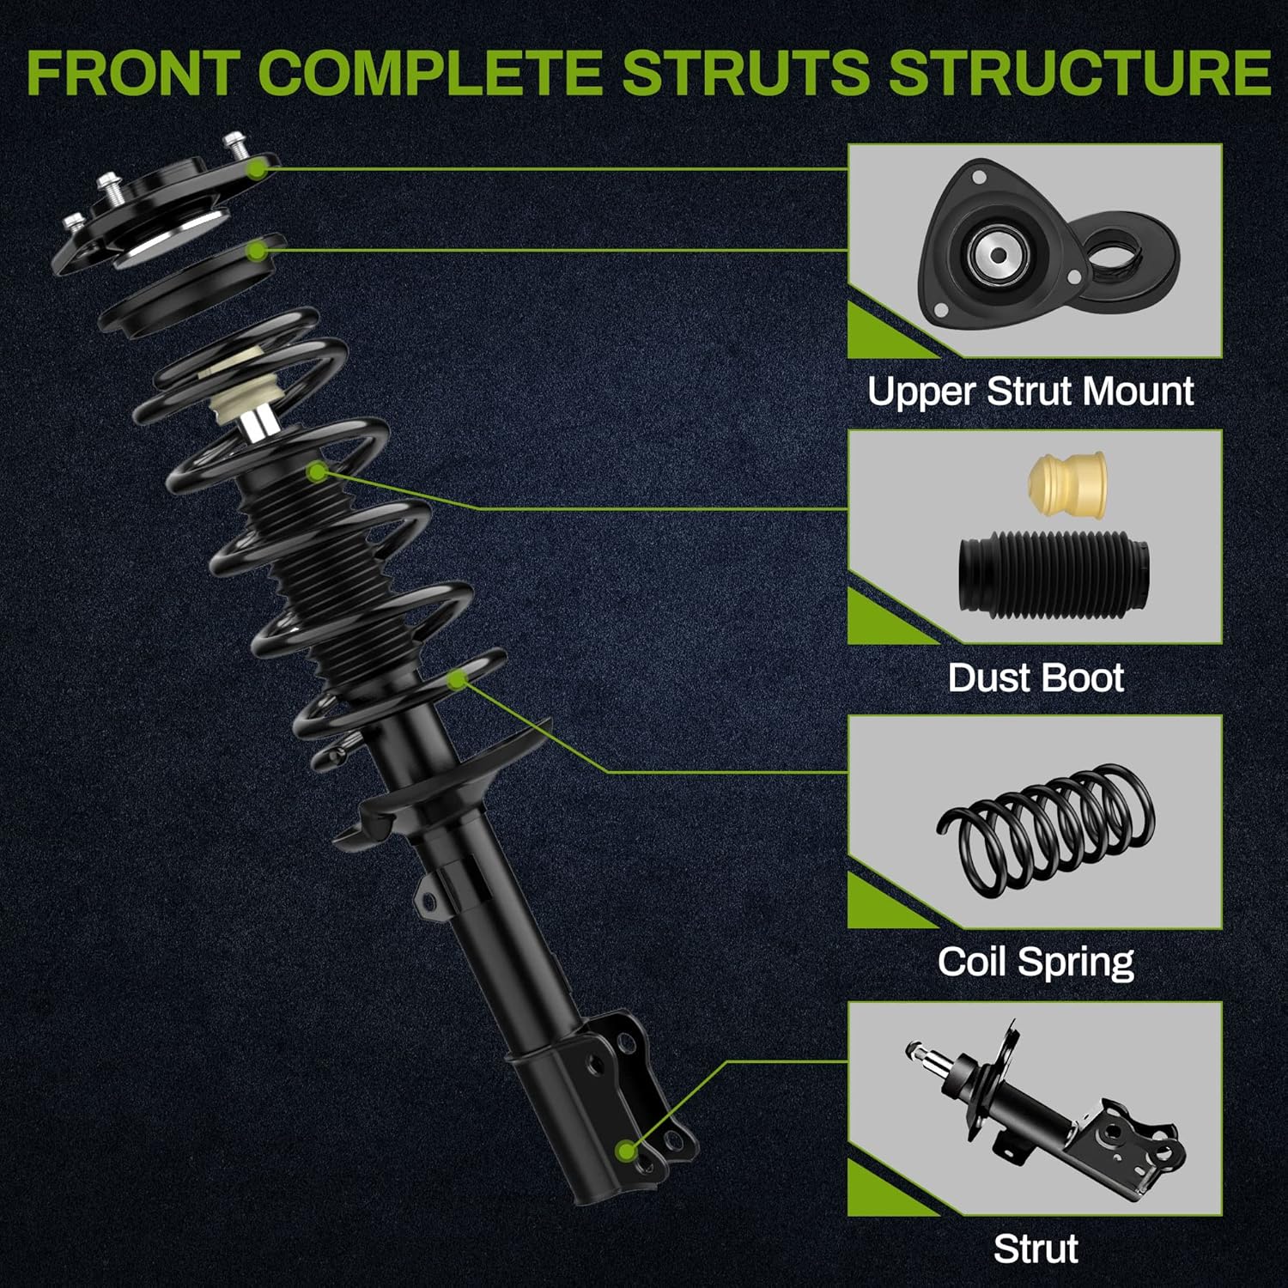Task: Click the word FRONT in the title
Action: click(x=132, y=72)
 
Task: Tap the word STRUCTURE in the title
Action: click(x=1079, y=72)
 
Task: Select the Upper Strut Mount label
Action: click(x=1030, y=392)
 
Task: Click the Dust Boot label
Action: click(x=1036, y=677)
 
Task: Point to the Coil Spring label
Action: click(x=1036, y=963)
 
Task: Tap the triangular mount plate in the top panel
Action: click(x=1005, y=250)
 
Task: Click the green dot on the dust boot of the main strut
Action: click(x=318, y=471)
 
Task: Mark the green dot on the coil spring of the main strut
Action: click(x=459, y=680)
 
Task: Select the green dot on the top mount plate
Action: click(x=256, y=169)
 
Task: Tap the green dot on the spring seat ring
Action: click(x=256, y=251)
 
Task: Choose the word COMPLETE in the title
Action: click(x=429, y=72)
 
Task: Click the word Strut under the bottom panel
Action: click(x=1036, y=1249)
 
